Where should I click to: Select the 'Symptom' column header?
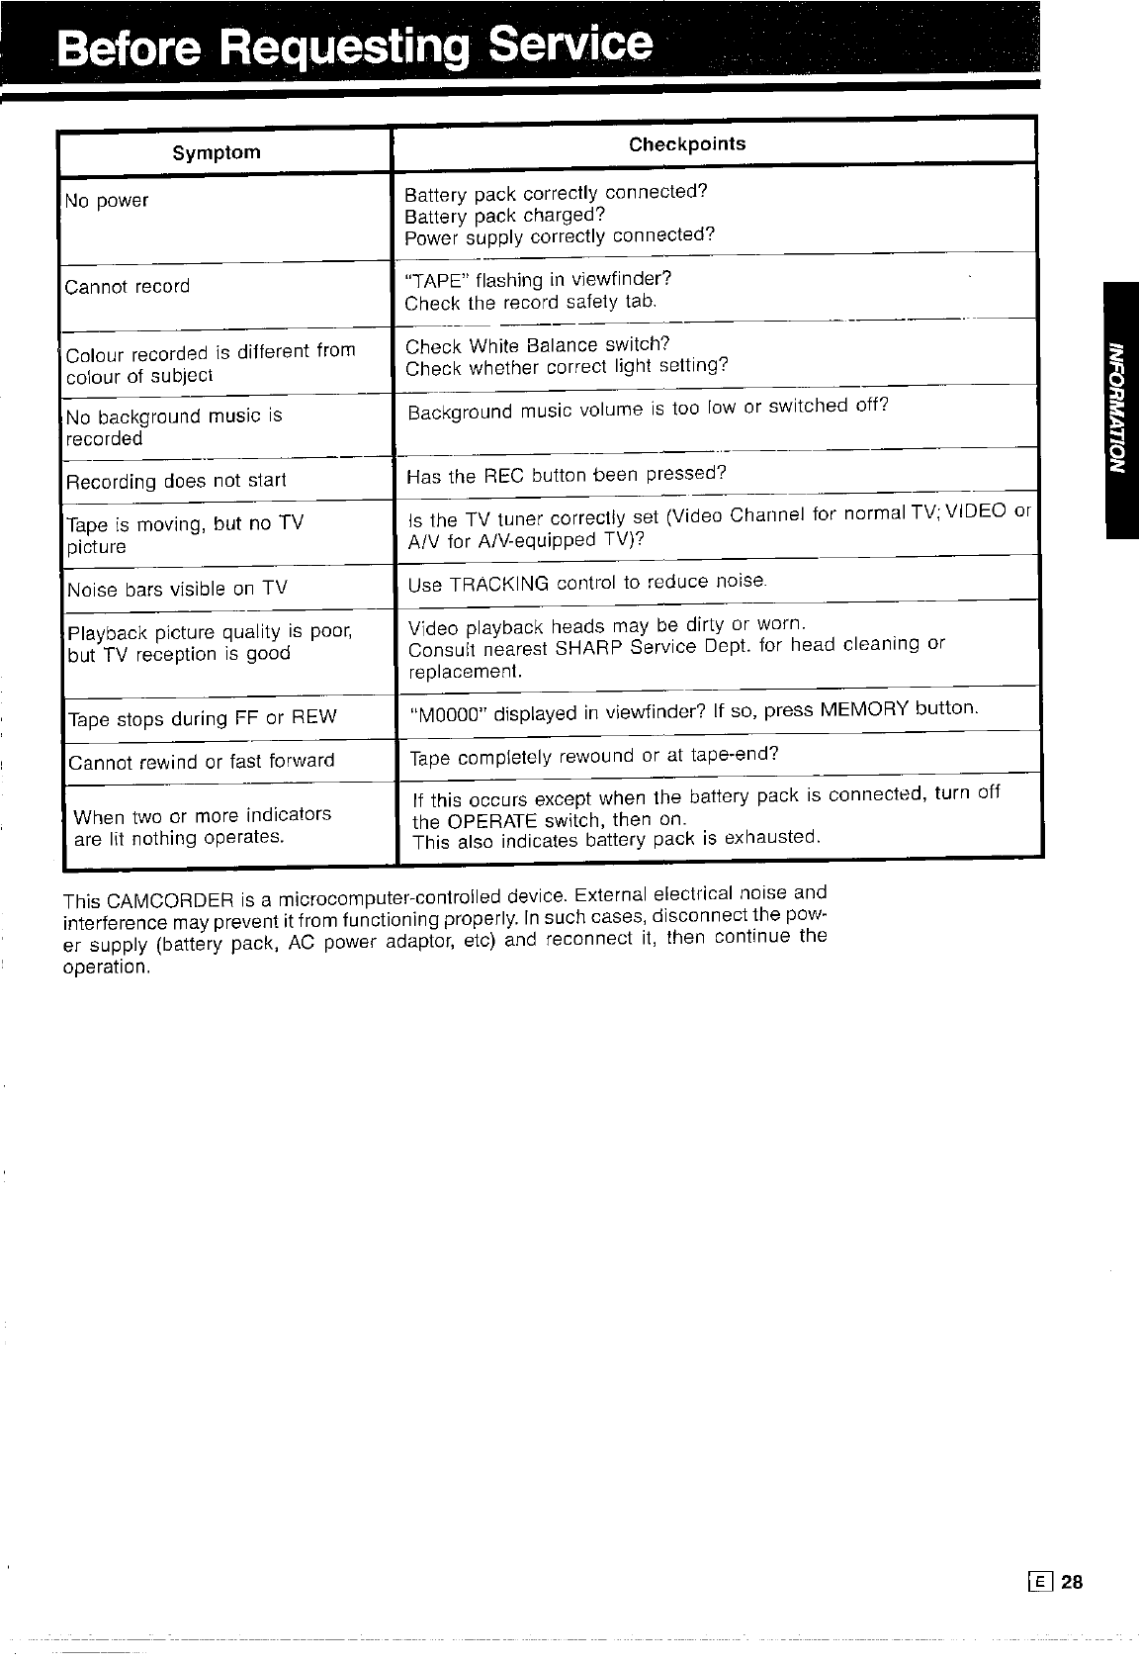click(x=217, y=152)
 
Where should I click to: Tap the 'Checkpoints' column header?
click(x=687, y=144)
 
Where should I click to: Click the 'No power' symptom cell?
click(x=107, y=201)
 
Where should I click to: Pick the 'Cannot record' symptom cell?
click(x=128, y=287)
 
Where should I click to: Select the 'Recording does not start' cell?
click(x=176, y=482)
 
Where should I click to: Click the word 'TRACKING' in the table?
click(x=498, y=584)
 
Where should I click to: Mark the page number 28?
click(x=1073, y=1582)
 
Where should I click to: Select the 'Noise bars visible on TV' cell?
click(x=177, y=590)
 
